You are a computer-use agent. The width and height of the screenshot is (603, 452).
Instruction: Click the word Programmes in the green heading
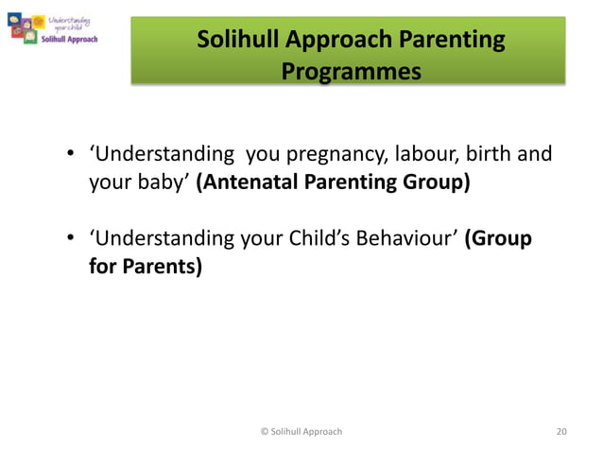(351, 72)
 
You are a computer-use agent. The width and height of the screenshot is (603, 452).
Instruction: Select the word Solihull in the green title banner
(240, 40)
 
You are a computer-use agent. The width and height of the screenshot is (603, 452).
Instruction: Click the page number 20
(561, 431)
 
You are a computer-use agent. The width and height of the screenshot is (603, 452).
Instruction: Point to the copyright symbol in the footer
(264, 431)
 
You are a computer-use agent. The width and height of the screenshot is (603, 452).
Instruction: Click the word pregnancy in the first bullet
(324, 154)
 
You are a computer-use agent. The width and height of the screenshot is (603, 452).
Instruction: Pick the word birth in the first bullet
(489, 154)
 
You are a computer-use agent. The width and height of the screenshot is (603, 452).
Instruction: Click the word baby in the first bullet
(161, 181)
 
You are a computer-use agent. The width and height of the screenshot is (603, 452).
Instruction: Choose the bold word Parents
(161, 266)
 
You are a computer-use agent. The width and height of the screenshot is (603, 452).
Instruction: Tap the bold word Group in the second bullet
(500, 238)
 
